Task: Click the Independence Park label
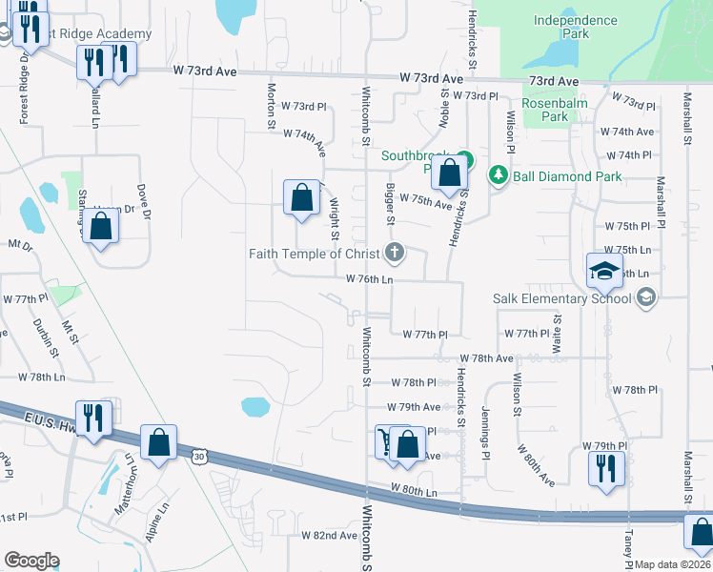575,27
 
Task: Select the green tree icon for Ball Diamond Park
497,175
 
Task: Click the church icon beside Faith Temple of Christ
394,253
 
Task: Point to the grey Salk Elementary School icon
647,297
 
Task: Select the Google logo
31,561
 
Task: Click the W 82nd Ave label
329,536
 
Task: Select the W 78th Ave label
486,358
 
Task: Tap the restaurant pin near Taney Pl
606,469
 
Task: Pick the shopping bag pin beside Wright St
301,198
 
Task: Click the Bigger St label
390,205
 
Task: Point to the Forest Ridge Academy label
100,34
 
